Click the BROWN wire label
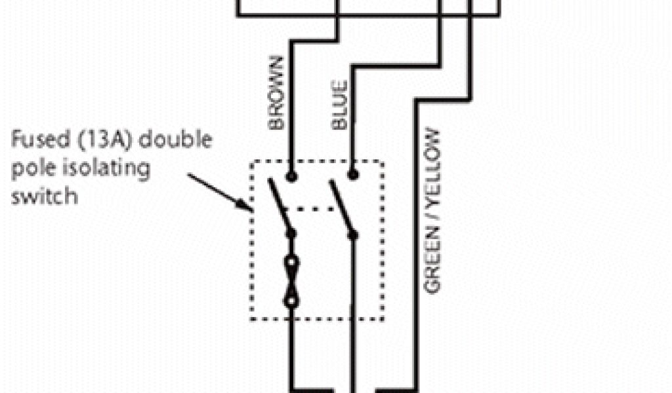[276, 93]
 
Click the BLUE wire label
[339, 105]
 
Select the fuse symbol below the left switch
[291, 282]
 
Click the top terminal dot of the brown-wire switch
[291, 176]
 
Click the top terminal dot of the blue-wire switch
[352, 175]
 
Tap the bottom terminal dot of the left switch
[291, 233]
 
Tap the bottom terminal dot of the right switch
[352, 233]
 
